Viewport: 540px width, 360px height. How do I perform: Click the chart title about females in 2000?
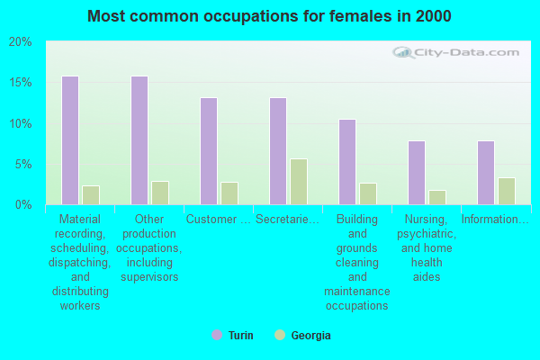(270, 16)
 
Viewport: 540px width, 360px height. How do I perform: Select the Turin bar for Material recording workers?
(70, 140)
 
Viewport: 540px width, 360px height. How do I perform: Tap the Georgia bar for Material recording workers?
(91, 195)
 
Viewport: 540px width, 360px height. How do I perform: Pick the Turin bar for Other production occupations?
(139, 140)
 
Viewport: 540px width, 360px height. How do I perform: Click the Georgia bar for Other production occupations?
(160, 193)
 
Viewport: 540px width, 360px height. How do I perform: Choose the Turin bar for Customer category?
(209, 151)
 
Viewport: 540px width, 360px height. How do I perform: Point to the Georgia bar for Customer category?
(229, 193)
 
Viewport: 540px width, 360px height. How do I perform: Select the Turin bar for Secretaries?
(278, 151)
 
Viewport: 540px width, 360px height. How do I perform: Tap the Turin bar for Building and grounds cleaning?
(347, 162)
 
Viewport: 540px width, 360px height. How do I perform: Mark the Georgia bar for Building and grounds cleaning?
(368, 193)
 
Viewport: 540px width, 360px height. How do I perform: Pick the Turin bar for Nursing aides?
(417, 173)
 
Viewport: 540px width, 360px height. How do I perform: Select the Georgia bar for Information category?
(507, 191)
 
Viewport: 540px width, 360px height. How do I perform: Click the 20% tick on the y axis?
(21, 42)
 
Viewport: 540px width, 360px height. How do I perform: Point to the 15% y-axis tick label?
(21, 83)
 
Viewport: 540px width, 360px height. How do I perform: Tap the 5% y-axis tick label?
(23, 165)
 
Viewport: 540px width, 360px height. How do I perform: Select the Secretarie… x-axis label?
(287, 219)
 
